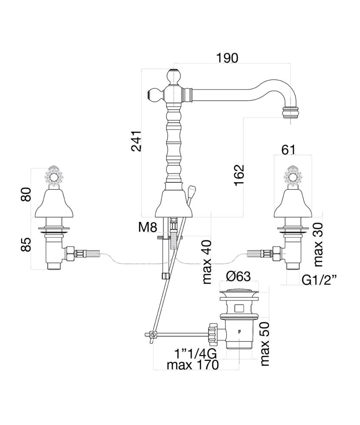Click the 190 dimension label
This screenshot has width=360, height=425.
click(227, 58)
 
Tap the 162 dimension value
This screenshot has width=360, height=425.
click(239, 174)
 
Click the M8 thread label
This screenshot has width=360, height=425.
click(147, 227)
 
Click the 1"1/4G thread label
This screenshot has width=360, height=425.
click(196, 353)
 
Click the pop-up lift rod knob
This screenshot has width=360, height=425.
click(192, 189)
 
